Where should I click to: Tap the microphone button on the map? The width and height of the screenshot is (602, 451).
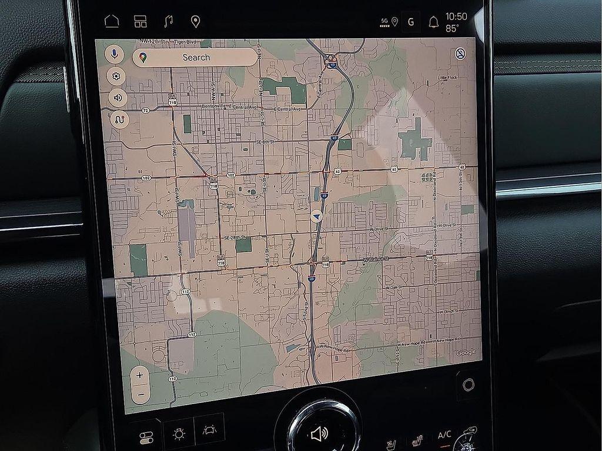(x=115, y=55)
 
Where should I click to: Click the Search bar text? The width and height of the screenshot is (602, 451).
(x=196, y=57)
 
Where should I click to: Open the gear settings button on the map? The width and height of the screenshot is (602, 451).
(x=116, y=76)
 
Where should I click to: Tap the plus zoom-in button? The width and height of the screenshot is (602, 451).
(x=140, y=375)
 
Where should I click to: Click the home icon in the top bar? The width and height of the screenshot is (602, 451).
(x=111, y=22)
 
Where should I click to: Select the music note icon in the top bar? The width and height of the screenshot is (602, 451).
(x=169, y=22)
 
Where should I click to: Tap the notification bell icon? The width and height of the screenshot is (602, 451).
(x=434, y=22)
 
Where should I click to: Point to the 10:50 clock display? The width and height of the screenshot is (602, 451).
(x=456, y=16)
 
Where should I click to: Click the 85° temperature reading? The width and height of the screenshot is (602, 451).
(x=453, y=28)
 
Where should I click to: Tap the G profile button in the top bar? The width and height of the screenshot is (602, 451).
(x=410, y=22)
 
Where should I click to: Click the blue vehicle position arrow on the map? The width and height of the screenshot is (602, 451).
(x=317, y=216)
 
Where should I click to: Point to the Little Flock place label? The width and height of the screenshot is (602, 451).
(x=447, y=78)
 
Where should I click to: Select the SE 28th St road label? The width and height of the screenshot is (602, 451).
(x=235, y=238)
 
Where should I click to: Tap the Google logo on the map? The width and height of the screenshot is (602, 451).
(x=466, y=352)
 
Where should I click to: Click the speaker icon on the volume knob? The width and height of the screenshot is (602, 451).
(x=318, y=435)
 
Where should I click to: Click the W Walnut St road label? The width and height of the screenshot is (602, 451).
(x=377, y=258)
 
